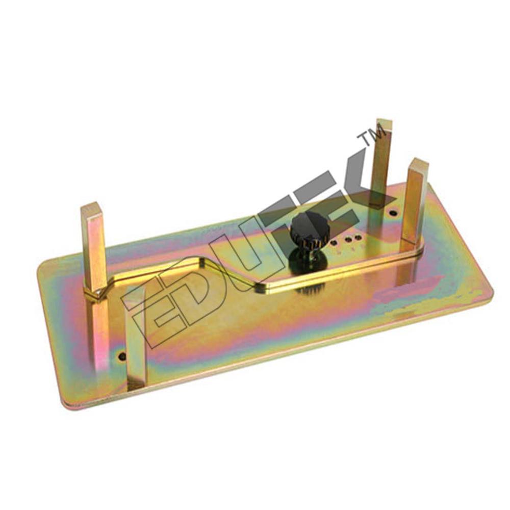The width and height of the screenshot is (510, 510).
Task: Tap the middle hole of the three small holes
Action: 348,240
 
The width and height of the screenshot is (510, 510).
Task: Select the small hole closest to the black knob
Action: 334,243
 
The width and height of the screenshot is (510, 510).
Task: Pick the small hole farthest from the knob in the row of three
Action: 358,237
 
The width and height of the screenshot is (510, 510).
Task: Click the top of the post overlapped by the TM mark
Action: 384,123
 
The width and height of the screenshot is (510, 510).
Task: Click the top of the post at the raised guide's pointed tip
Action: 93,208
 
